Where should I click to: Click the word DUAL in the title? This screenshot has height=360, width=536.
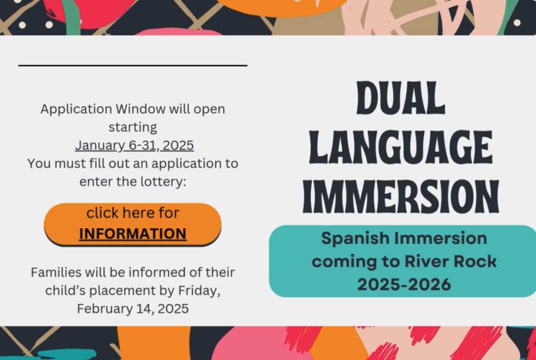click(x=401, y=98)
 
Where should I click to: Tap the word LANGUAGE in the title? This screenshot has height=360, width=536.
click(x=401, y=147)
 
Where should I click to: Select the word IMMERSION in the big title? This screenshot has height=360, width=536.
click(x=401, y=197)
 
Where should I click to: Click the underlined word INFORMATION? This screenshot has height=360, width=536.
click(x=133, y=234)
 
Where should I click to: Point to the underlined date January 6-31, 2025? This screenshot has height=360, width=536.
click(x=135, y=145)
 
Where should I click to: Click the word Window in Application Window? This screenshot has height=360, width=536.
click(x=141, y=109)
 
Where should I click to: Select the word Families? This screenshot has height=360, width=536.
click(x=57, y=272)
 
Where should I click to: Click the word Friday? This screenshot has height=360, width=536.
click(x=199, y=291)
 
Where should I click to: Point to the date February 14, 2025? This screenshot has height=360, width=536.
click(x=133, y=309)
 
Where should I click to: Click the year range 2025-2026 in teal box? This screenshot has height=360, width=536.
click(x=404, y=285)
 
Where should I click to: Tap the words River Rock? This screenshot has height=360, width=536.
click(x=451, y=262)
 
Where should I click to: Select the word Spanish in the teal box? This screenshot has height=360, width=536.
click(x=355, y=239)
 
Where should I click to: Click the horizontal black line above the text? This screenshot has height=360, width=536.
click(x=133, y=65)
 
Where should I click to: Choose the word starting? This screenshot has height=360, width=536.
click(x=133, y=128)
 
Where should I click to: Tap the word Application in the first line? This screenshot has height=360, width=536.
click(x=76, y=110)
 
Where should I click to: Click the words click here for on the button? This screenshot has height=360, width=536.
click(x=133, y=213)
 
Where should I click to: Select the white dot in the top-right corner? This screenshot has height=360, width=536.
click(x=517, y=23)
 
